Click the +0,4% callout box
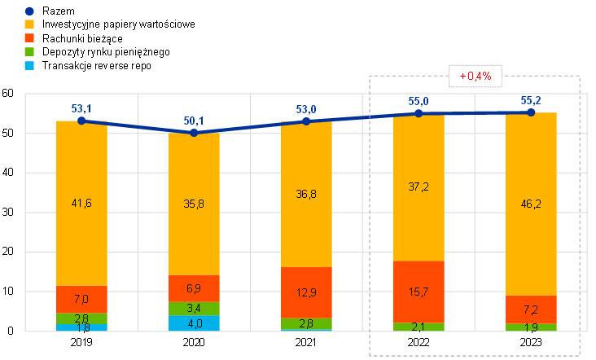tap(475, 76)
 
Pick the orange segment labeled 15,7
tap(419, 292)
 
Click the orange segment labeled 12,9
tap(306, 293)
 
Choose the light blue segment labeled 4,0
tap(194, 323)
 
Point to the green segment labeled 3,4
tap(194, 310)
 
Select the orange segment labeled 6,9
tap(194, 289)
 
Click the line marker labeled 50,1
tap(194, 132)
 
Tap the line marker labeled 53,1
tap(81, 121)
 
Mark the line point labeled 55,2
tap(531, 112)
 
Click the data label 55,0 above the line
tap(419, 101)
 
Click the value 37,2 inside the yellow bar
tap(419, 187)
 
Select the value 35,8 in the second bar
tap(194, 204)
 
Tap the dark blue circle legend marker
tap(29, 11)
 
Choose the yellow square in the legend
tap(29, 24)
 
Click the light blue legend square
tap(29, 64)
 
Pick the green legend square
tap(29, 51)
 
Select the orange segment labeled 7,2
tap(531, 310)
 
